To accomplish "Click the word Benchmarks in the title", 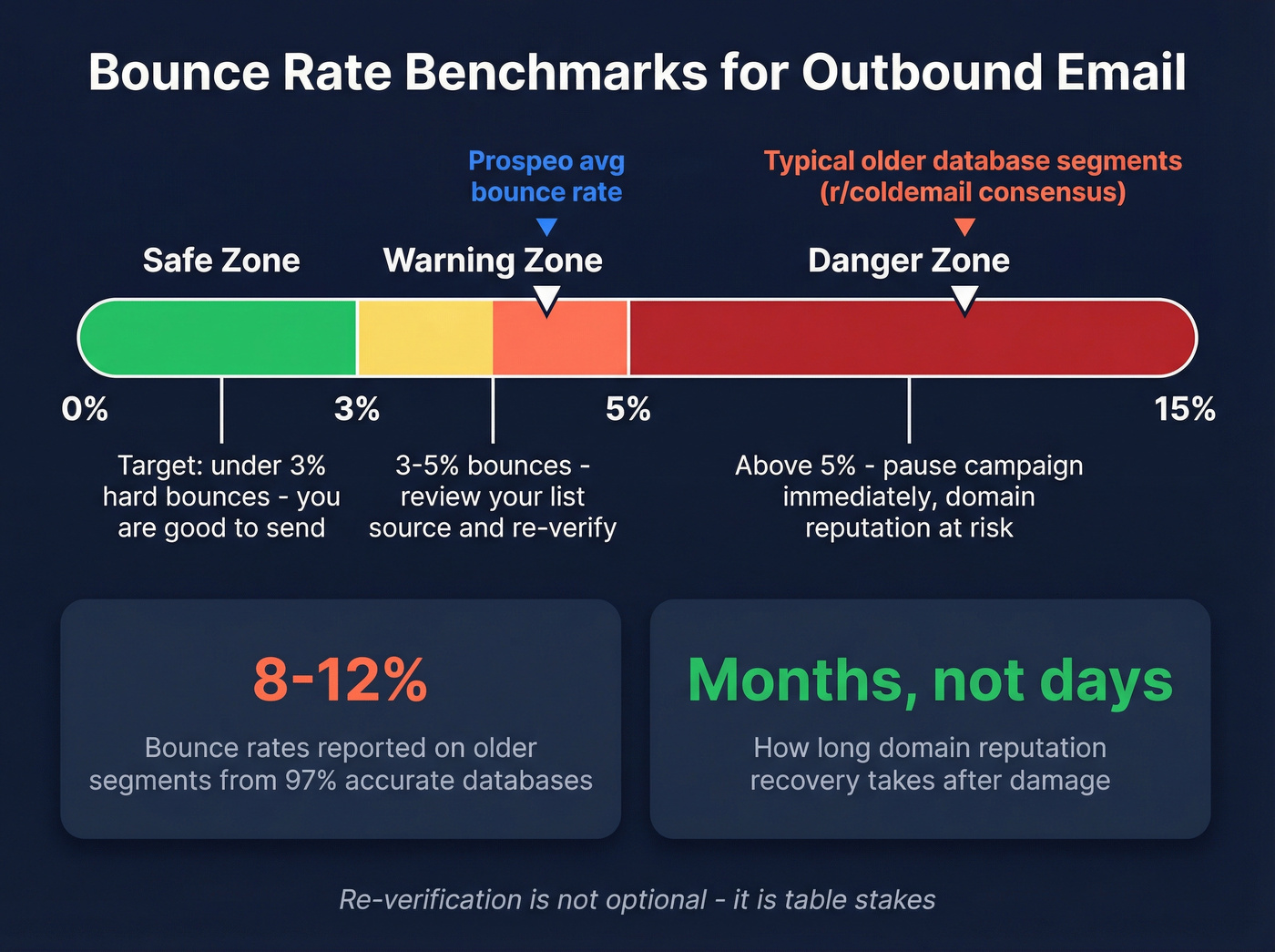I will [555, 73].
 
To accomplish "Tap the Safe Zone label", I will [221, 261].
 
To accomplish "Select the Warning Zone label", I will [493, 261].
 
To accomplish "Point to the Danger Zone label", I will [908, 261].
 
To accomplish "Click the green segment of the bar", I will [219, 338].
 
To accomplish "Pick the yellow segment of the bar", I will [425, 338].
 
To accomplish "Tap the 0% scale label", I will [85, 409].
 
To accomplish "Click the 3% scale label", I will [356, 409].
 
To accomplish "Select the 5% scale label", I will [627, 409].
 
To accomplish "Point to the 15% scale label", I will [1184, 409].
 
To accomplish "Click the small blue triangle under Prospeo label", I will [546, 226].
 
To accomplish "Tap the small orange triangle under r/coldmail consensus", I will [964, 226].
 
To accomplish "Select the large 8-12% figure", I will [340, 680].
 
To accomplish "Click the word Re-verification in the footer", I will [430, 900].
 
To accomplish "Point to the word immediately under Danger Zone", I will [846, 497].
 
